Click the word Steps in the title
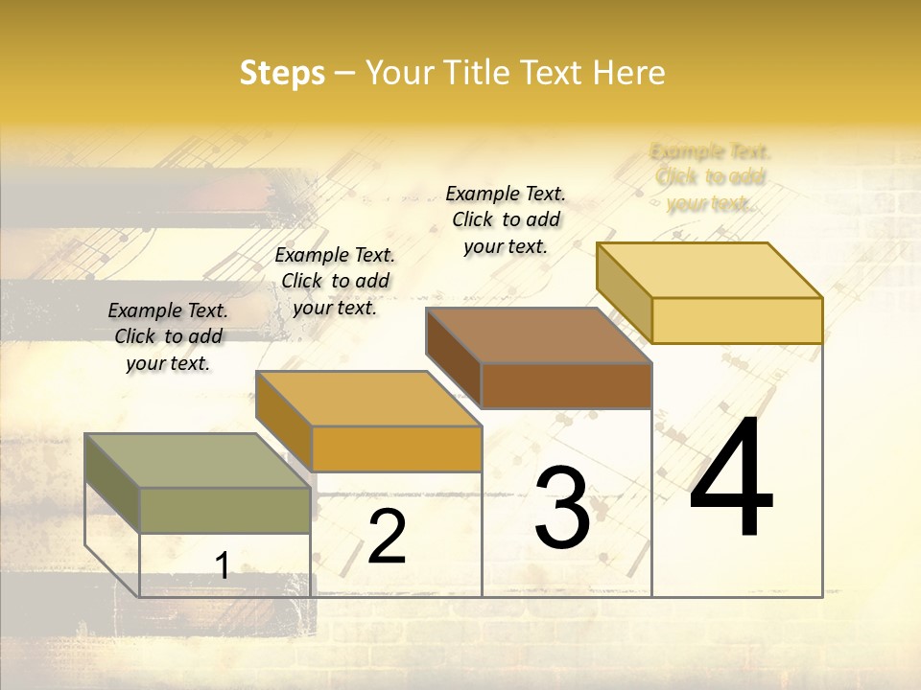point(282,74)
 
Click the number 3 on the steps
point(562,508)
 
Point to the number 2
point(388,537)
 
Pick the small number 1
point(223,565)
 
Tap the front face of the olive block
point(224,510)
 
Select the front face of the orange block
point(396,448)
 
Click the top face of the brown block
point(538,335)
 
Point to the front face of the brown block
point(566,386)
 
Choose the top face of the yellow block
point(709,269)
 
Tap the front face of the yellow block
point(737,320)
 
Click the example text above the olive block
point(168,336)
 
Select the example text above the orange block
point(335,281)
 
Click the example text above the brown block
point(506,219)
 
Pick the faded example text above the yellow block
point(710,177)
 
